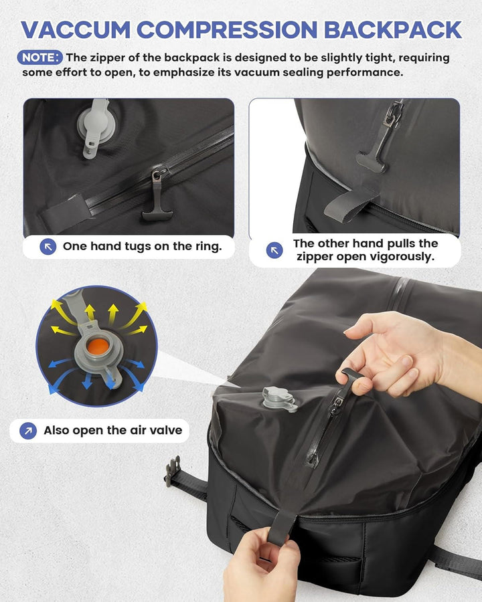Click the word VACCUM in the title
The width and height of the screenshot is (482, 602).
76,29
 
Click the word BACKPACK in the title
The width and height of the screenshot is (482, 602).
393,29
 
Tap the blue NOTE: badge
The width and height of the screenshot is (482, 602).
39,58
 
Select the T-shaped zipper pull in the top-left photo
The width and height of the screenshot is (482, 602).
157,196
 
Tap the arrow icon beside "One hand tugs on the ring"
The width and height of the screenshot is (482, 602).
48,246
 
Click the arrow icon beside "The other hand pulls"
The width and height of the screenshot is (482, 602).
274,250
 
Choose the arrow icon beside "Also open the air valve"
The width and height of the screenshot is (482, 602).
28,431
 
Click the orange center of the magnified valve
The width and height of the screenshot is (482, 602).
98,346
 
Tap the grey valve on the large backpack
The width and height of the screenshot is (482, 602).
279,399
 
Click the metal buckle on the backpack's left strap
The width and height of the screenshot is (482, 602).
173,470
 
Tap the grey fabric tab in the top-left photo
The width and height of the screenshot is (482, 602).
66,214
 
